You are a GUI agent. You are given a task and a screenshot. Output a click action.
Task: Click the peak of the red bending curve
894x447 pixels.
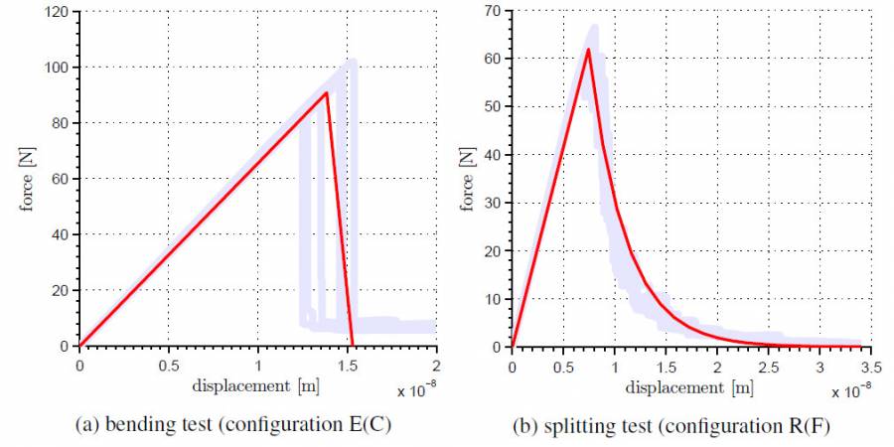(x=327, y=93)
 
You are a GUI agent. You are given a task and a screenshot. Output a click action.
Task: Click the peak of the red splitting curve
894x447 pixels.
(x=588, y=50)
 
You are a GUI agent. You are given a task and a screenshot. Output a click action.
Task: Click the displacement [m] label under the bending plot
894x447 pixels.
(x=258, y=384)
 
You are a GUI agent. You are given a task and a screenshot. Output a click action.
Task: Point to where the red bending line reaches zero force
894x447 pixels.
(x=353, y=346)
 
